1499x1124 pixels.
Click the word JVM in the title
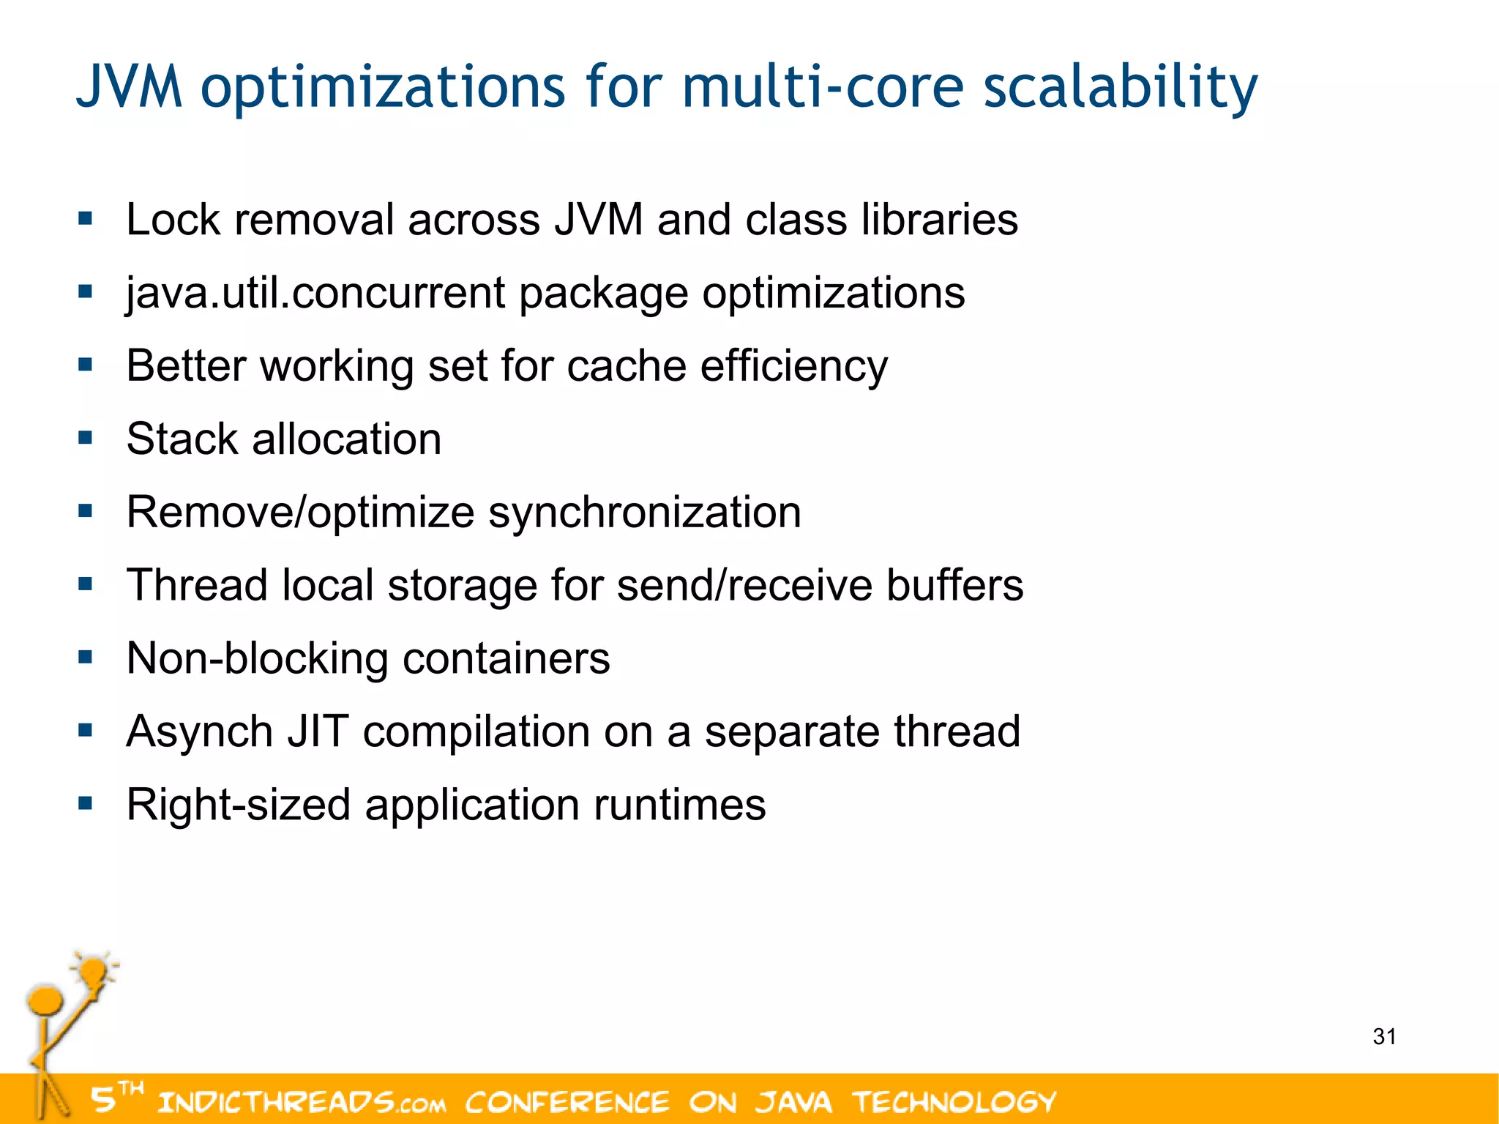coord(130,86)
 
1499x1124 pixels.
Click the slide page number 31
coord(1384,1036)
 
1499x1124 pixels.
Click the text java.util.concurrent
coord(315,293)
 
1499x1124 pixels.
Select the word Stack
coord(182,439)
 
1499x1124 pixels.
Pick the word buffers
coord(954,585)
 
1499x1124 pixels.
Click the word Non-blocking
coord(257,658)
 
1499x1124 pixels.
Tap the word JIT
coord(317,731)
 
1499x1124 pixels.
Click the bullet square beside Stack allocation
coord(86,438)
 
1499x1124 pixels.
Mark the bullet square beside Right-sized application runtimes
coord(86,803)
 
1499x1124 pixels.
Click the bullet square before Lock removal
coord(86,218)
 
